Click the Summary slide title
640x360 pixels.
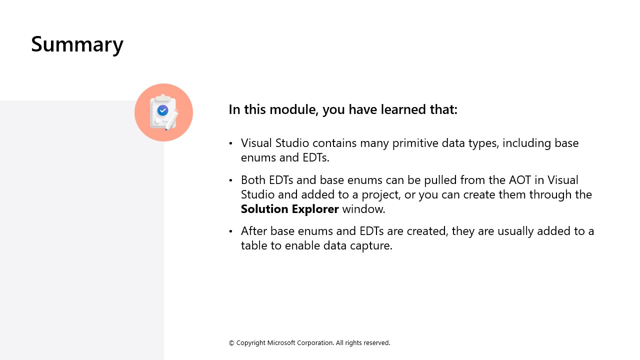click(x=77, y=44)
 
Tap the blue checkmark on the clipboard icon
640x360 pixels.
click(x=162, y=110)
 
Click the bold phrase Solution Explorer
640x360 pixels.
click(x=289, y=209)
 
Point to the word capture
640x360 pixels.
click(x=371, y=245)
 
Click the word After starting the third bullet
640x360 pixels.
click(x=254, y=231)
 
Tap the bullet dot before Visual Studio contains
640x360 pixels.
click(x=230, y=143)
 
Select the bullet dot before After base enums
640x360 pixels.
click(x=230, y=231)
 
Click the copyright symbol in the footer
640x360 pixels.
click(x=231, y=343)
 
